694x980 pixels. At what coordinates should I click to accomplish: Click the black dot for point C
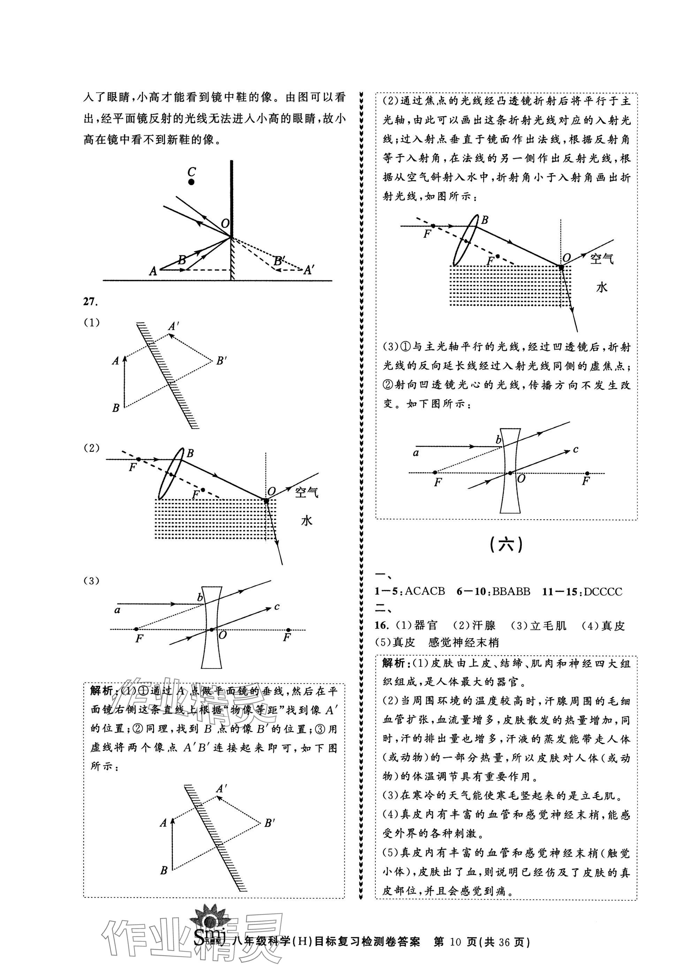[x=191, y=182]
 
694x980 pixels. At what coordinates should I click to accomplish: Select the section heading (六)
[x=506, y=545]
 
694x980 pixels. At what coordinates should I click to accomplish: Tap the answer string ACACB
[x=424, y=592]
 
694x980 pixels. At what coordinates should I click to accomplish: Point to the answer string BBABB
[x=511, y=592]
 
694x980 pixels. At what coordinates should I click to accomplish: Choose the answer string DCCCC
[x=603, y=592]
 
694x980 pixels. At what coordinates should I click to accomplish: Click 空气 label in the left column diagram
[x=306, y=492]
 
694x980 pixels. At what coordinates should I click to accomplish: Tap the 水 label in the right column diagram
[x=602, y=287]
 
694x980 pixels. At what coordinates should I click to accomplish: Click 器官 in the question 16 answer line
[x=426, y=626]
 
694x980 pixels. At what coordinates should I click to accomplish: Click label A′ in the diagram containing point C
[x=308, y=270]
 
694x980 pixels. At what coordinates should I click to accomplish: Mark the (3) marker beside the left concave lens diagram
[x=91, y=581]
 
